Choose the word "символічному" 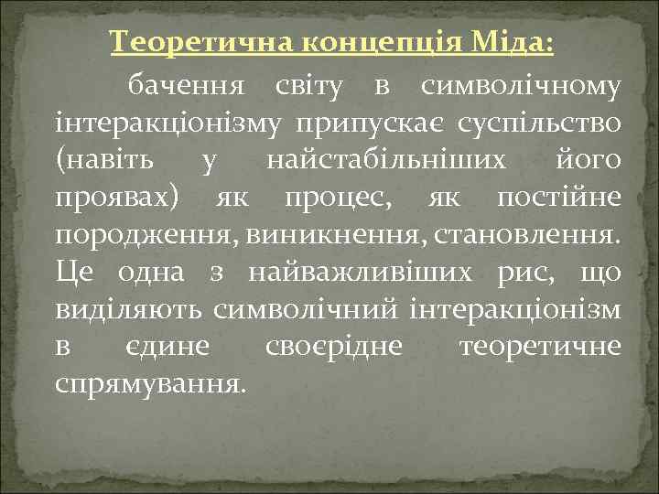pyautogui.click(x=521, y=87)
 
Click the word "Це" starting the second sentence pyautogui.click(x=74, y=272)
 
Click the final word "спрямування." pyautogui.click(x=150, y=383)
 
